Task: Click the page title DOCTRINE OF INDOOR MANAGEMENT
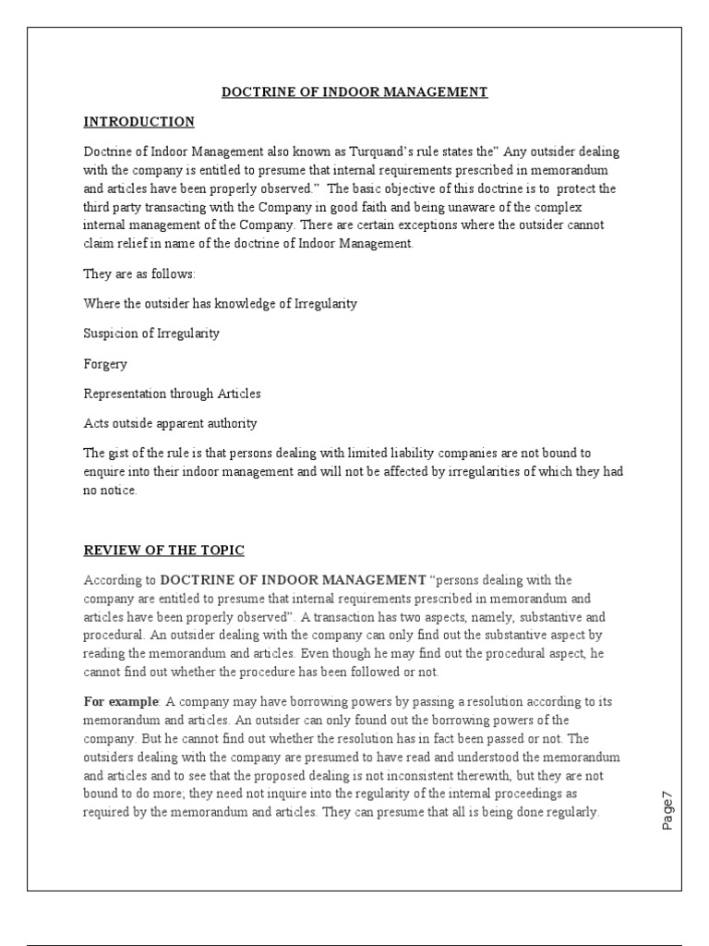click(354, 91)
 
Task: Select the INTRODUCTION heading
click(139, 121)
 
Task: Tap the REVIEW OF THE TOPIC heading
click(164, 550)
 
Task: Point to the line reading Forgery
click(105, 363)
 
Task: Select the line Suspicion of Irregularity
click(151, 333)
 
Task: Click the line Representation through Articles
click(173, 394)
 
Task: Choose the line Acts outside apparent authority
click(171, 423)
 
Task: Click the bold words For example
click(120, 701)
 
